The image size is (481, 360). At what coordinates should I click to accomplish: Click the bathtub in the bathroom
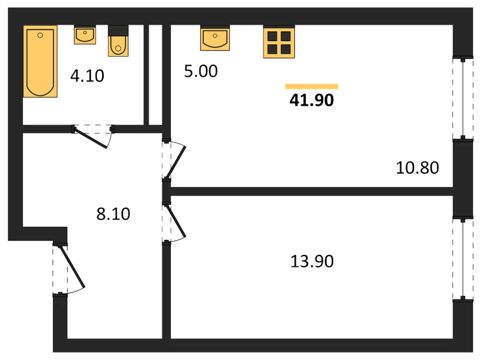pos(40,62)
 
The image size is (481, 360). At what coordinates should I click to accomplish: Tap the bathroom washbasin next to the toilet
pos(85,35)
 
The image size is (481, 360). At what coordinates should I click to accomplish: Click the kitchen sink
pos(215,37)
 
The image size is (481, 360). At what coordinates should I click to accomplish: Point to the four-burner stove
pos(279,42)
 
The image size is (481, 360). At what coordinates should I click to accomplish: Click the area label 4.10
pos(88,76)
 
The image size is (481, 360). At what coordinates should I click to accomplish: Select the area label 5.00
pos(201,71)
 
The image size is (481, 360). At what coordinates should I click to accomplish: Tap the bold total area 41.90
pos(312,100)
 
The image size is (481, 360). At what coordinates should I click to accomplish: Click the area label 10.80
pos(418,168)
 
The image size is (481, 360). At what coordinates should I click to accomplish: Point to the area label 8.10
pos(114,214)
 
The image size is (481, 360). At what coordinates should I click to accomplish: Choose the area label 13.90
pos(312,261)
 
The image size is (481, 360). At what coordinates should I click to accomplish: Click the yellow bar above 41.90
pos(312,87)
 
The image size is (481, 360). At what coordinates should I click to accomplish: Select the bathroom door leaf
pos(90,138)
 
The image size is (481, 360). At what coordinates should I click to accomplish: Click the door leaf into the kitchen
pos(176,163)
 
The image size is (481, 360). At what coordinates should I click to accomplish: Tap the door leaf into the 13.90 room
pos(176,221)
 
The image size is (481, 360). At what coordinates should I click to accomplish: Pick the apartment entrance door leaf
pos(72,267)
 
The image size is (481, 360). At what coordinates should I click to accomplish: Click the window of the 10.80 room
pos(463,98)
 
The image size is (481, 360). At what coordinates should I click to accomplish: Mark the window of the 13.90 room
pos(463,259)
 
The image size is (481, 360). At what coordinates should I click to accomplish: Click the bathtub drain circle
pos(40,36)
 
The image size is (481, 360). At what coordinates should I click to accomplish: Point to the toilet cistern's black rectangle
pos(118,31)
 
